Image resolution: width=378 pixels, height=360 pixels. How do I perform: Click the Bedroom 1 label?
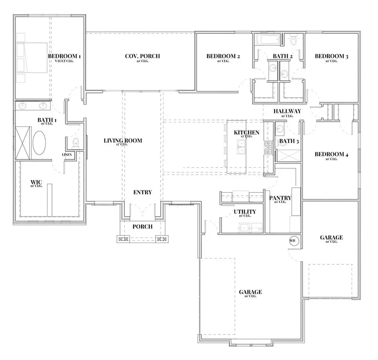coord(64,56)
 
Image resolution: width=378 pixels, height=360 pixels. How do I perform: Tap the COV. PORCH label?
coord(142,56)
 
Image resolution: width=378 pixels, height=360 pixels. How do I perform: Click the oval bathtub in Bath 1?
coord(40,144)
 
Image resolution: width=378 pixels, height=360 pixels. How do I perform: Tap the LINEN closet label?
coord(67,155)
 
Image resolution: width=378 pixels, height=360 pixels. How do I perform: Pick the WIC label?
coord(36,183)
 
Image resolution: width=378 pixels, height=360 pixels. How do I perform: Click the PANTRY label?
coord(280,198)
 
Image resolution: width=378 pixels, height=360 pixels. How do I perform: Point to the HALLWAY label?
coord(287,111)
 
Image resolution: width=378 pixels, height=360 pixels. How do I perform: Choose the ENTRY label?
coord(142,192)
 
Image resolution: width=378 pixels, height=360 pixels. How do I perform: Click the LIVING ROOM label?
coord(123,141)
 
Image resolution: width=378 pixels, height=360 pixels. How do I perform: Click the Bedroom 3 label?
coord(331,56)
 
